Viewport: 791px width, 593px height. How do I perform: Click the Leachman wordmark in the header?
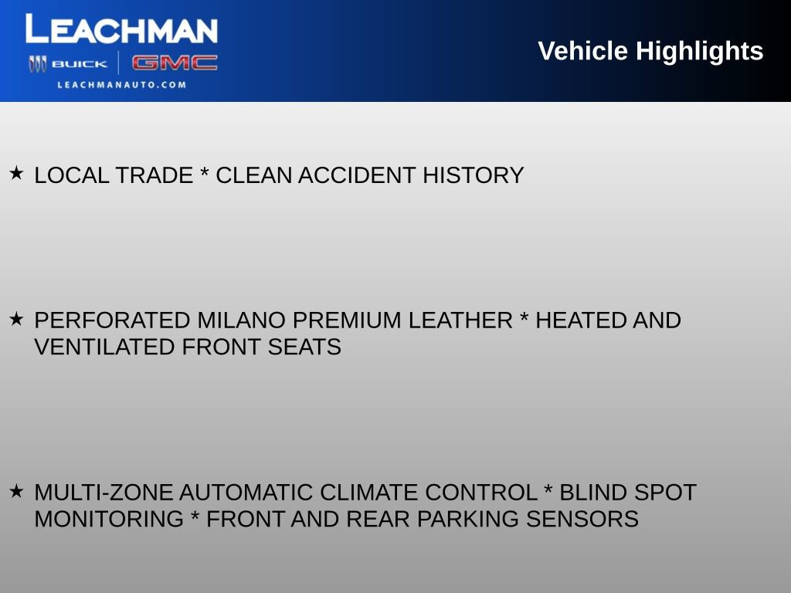[x=121, y=30]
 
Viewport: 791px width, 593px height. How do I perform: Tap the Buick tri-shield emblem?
[x=37, y=64]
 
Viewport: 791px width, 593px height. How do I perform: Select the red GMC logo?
[x=175, y=63]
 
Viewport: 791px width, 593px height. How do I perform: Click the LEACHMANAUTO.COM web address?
[x=122, y=85]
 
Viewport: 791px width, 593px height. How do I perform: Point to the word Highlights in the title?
[x=700, y=51]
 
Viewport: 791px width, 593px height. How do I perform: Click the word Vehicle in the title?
[x=582, y=51]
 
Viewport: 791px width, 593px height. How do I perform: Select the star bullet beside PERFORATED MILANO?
[x=16, y=318]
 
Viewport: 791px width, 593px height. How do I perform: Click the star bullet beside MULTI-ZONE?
[x=16, y=490]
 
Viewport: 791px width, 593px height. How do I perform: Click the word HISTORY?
[x=473, y=176]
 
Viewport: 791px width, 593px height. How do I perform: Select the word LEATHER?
[x=460, y=320]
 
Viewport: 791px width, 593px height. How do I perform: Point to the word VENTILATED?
[x=105, y=347]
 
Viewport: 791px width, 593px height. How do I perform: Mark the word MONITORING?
[x=109, y=520]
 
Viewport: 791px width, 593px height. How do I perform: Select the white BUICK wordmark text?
[x=80, y=64]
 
